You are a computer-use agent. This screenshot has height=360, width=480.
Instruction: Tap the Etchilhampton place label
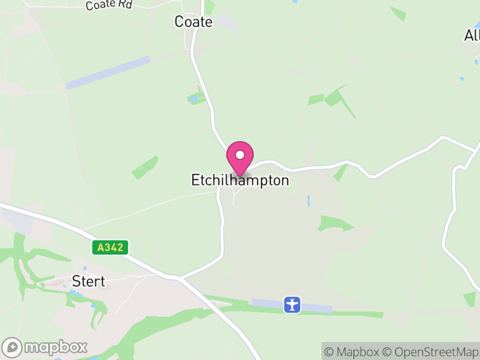click(x=240, y=180)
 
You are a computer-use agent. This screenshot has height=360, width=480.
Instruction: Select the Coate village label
click(x=193, y=22)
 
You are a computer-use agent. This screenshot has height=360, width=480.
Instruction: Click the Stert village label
click(x=88, y=281)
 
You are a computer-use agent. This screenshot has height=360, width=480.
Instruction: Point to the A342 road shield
click(x=111, y=247)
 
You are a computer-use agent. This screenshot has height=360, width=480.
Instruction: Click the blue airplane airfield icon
click(x=292, y=304)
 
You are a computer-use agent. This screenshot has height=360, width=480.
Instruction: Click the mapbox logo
click(x=46, y=347)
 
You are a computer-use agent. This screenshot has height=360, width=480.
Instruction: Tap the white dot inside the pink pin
click(x=240, y=154)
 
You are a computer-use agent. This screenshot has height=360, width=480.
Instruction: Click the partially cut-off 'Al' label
click(x=472, y=35)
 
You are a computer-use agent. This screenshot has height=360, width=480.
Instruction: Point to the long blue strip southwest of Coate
click(x=108, y=73)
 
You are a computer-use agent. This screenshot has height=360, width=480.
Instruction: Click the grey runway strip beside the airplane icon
click(x=318, y=307)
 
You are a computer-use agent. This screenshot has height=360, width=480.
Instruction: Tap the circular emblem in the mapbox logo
click(x=12, y=347)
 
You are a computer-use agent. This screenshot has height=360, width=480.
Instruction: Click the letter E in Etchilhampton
click(x=195, y=180)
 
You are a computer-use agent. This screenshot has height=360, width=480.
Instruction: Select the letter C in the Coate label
click(x=179, y=22)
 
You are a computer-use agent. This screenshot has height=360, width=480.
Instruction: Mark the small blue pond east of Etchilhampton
click(x=309, y=200)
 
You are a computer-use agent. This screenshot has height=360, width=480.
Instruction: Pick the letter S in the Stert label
click(x=76, y=281)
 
